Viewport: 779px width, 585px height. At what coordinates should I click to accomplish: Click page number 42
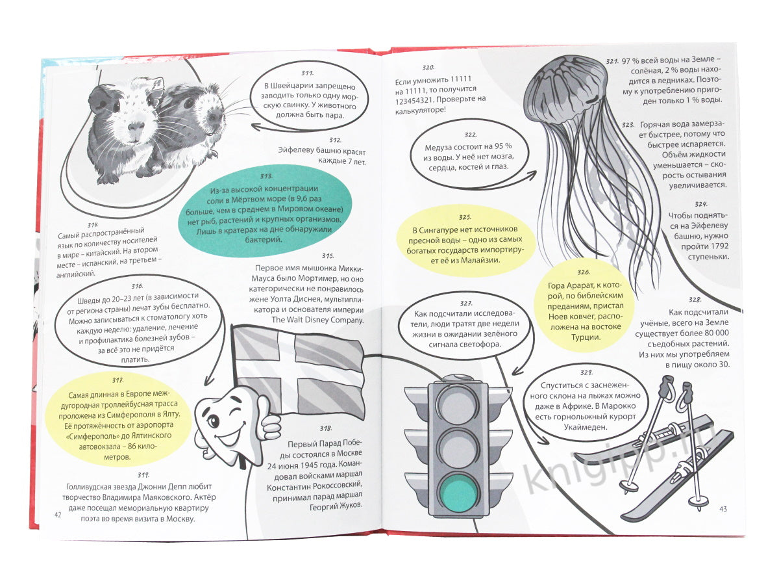click(58, 515)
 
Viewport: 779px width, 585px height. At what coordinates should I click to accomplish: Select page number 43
click(723, 509)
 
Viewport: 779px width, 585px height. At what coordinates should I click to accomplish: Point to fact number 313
click(266, 176)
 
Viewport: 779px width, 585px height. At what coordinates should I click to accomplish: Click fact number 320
click(428, 68)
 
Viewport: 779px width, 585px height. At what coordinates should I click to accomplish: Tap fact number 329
click(586, 372)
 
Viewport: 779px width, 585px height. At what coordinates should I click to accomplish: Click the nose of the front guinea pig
click(136, 127)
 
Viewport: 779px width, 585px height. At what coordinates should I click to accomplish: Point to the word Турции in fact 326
click(586, 337)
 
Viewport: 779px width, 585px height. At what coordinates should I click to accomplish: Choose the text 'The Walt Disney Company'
click(317, 320)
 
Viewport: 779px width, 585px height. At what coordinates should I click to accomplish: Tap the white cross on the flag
click(295, 369)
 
